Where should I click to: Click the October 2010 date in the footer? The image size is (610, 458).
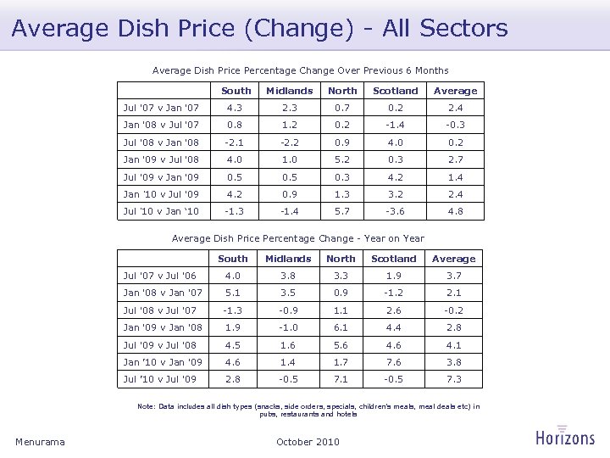tap(308, 441)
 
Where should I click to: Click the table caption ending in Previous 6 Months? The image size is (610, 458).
tap(300, 70)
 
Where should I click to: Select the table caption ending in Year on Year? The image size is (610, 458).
tap(298, 238)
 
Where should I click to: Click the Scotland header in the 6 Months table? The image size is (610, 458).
tap(396, 91)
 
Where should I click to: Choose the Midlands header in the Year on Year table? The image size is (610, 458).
tap(288, 259)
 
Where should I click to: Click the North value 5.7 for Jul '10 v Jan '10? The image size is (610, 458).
tap(342, 209)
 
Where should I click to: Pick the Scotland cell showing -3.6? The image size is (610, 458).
tap(396, 209)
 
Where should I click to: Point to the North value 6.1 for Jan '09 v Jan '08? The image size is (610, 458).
tap(341, 327)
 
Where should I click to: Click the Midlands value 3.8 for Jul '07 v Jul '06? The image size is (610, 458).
tap(288, 276)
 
